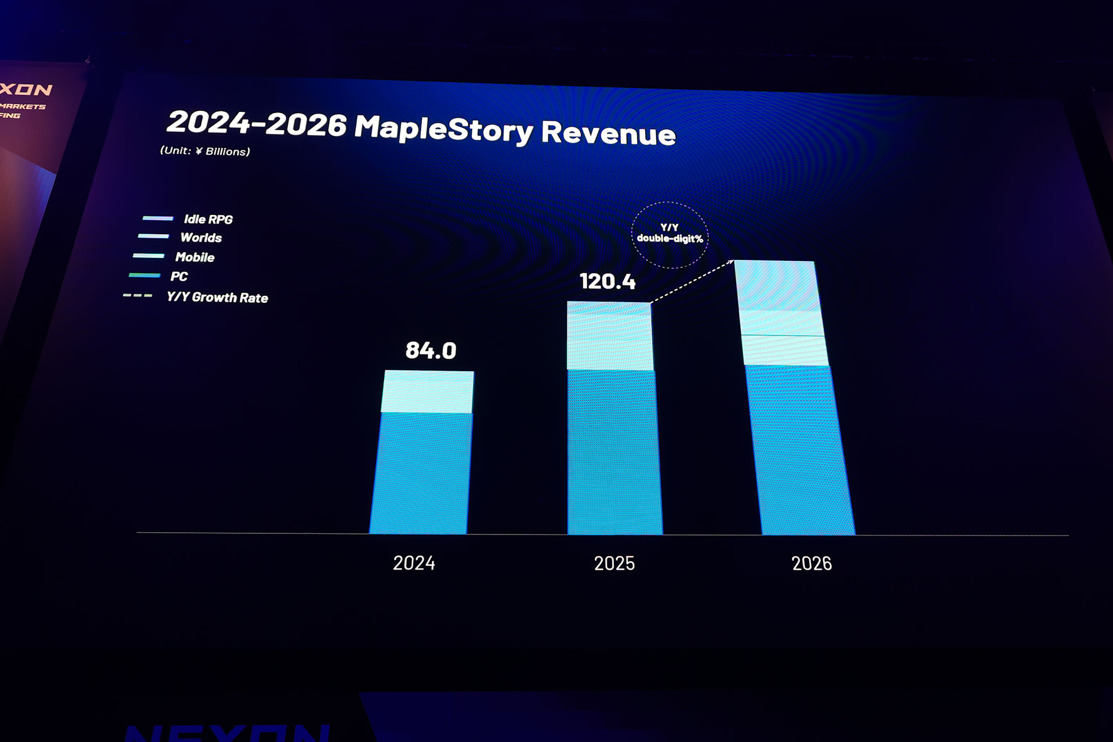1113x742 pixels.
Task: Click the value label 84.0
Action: (x=431, y=350)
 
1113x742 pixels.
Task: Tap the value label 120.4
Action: (x=608, y=282)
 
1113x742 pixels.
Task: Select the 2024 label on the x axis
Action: (x=414, y=563)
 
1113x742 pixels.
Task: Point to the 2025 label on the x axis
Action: (x=614, y=563)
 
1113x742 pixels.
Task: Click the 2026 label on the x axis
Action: (x=812, y=563)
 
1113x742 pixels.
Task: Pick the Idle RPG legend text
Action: (x=208, y=219)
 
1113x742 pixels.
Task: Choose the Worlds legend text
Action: (x=201, y=238)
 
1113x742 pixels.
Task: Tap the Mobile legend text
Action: (x=195, y=257)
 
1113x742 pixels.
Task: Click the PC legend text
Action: (x=179, y=277)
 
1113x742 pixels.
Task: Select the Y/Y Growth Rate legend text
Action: (x=217, y=297)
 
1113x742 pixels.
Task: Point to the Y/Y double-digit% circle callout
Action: (x=670, y=234)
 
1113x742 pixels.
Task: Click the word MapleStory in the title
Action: (x=443, y=128)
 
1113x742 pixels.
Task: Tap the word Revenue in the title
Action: (x=609, y=133)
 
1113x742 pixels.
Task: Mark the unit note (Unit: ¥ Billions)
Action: (x=205, y=151)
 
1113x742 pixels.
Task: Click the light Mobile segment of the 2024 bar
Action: (x=427, y=392)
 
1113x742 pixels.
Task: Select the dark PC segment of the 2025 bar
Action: (x=614, y=452)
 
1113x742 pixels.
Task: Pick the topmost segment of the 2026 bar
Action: (x=777, y=285)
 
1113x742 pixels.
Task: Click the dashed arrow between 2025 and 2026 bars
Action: (x=692, y=282)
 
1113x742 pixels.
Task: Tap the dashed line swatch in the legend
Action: (x=137, y=296)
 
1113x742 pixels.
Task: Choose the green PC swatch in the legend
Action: (x=144, y=275)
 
